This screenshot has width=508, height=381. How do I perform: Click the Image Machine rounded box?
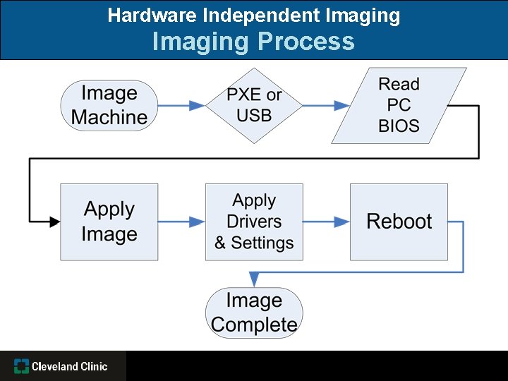pyautogui.click(x=109, y=106)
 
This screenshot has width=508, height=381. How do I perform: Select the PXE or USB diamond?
pyautogui.click(x=254, y=106)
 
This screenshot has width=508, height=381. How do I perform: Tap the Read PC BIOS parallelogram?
pyautogui.click(x=399, y=106)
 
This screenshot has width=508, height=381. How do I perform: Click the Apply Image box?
pyautogui.click(x=109, y=222)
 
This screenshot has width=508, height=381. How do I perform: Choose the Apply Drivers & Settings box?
pyautogui.click(x=254, y=222)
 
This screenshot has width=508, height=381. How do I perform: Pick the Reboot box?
pyautogui.click(x=399, y=222)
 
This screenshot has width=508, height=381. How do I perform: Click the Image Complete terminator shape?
pyautogui.click(x=254, y=313)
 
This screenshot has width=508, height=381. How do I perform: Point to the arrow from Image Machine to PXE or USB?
pyautogui.click(x=181, y=106)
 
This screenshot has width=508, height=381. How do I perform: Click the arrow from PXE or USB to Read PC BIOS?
pyautogui.click(x=326, y=106)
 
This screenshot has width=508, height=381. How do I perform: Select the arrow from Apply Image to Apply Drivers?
pyautogui.click(x=181, y=222)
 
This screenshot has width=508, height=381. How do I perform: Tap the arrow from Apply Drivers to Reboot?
pyautogui.click(x=326, y=222)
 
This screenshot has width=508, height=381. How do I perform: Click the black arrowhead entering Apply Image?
pyautogui.click(x=54, y=222)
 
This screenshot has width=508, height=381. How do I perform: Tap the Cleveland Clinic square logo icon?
pyautogui.click(x=22, y=366)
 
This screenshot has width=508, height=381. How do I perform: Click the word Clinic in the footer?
pyautogui.click(x=94, y=366)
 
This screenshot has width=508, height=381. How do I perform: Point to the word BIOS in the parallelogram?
pyautogui.click(x=399, y=126)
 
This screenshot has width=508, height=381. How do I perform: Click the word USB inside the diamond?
pyautogui.click(x=254, y=116)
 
